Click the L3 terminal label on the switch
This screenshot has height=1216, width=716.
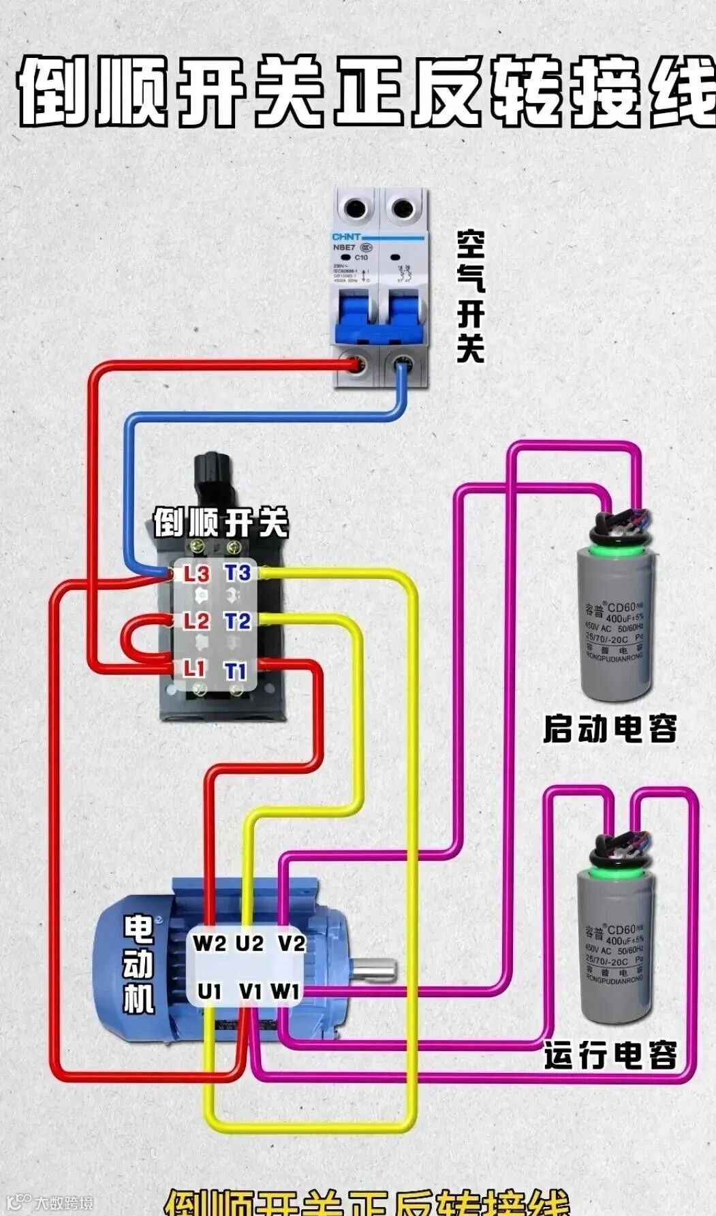pyautogui.click(x=196, y=574)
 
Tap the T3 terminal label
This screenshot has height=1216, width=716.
pyautogui.click(x=238, y=573)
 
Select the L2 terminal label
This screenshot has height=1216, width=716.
pyautogui.click(x=196, y=621)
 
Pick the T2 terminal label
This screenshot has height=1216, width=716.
pyautogui.click(x=238, y=621)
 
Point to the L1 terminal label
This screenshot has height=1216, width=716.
pyautogui.click(x=194, y=668)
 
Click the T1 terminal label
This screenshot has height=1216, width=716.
pyautogui.click(x=236, y=671)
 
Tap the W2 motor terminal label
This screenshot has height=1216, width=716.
pyautogui.click(x=209, y=944)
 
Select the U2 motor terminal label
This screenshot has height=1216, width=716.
pyautogui.click(x=249, y=944)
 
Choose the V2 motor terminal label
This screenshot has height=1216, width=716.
pyautogui.click(x=292, y=944)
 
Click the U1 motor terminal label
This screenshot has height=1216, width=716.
pyautogui.click(x=209, y=992)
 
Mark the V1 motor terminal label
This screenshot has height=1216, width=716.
pyautogui.click(x=250, y=992)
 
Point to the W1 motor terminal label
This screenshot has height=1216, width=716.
pyautogui.click(x=285, y=992)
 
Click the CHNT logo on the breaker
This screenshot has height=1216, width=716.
pyautogui.click(x=346, y=236)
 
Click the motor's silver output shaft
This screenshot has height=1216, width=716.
pyautogui.click(x=373, y=969)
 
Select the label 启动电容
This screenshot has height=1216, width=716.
pyautogui.click(x=610, y=729)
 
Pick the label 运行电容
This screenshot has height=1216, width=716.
pyautogui.click(x=610, y=1055)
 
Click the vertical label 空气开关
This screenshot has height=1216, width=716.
pyautogui.click(x=471, y=296)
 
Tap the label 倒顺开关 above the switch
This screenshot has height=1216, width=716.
pyautogui.click(x=220, y=523)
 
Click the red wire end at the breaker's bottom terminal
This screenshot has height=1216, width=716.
pyautogui.click(x=354, y=365)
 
